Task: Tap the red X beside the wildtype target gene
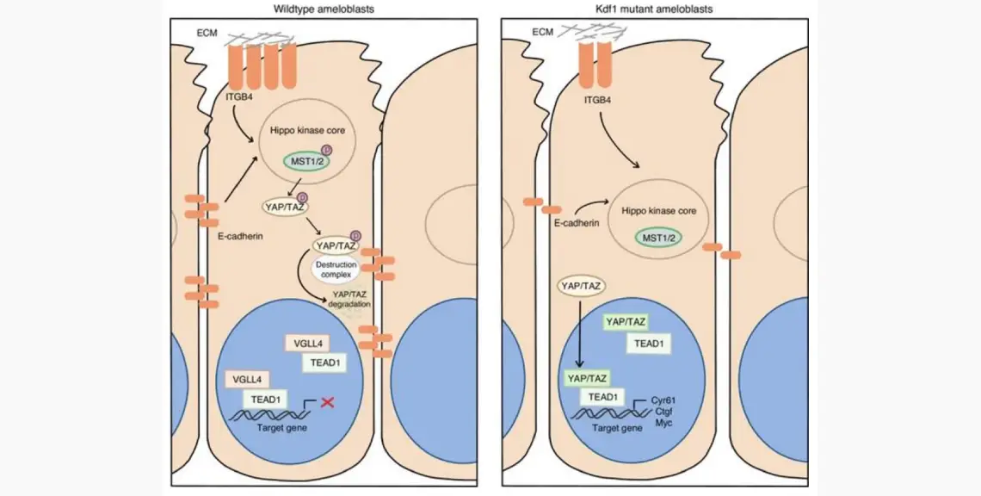click(x=327, y=403)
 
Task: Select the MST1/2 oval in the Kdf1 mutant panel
click(x=657, y=238)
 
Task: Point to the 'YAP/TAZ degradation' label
click(x=349, y=299)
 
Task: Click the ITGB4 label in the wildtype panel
click(x=238, y=97)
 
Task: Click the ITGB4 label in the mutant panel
click(x=588, y=98)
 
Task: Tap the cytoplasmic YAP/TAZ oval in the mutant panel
click(x=581, y=286)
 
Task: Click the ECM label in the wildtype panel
click(x=207, y=33)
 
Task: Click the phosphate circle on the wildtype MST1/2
click(x=326, y=151)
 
